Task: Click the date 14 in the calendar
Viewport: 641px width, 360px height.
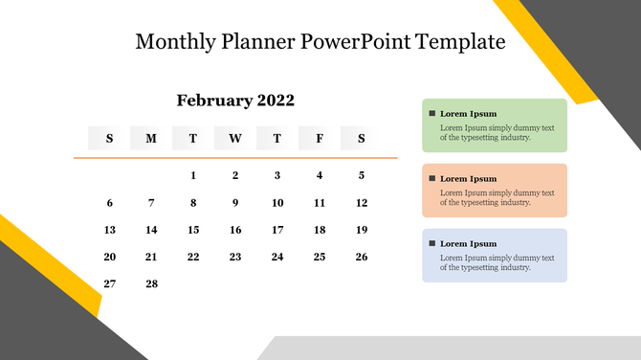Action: click(151, 230)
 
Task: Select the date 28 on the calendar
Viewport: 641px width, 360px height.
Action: click(151, 283)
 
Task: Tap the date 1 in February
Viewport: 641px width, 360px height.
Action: click(193, 175)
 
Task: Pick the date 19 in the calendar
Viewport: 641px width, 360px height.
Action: click(362, 230)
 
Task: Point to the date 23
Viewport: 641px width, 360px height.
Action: click(235, 257)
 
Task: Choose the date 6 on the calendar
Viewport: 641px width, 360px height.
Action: click(109, 203)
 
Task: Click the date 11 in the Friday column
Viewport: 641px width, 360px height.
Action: click(320, 203)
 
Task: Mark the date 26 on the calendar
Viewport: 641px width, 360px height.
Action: click(362, 257)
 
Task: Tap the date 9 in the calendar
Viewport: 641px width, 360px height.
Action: click(235, 203)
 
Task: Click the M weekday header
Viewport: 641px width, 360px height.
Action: click(151, 139)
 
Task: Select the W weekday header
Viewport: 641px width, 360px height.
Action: click(235, 139)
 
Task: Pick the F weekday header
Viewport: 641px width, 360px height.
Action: click(320, 139)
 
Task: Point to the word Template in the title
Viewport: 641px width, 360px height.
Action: click(460, 42)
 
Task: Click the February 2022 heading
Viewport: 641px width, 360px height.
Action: click(235, 101)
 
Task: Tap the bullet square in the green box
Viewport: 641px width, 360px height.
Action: click(432, 113)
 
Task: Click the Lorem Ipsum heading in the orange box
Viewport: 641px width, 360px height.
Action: click(468, 178)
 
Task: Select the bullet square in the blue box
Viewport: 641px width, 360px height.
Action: click(432, 243)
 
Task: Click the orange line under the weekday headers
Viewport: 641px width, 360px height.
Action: click(235, 158)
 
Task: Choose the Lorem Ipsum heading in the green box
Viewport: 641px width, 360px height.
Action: click(468, 113)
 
